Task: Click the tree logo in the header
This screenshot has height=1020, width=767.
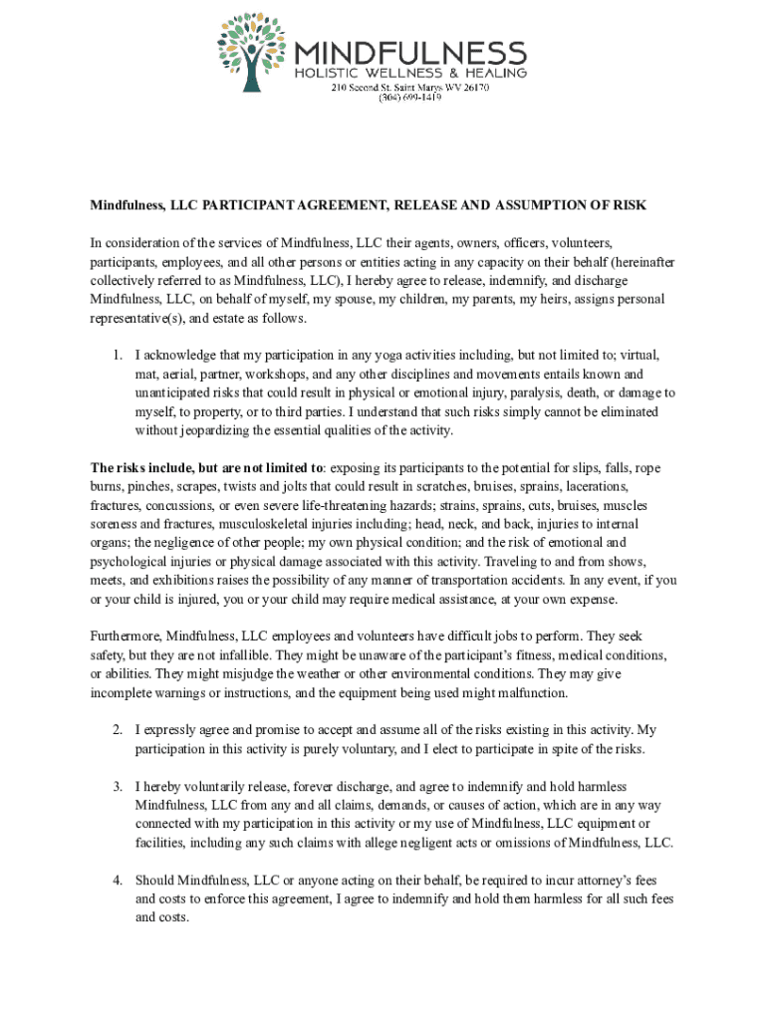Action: click(x=250, y=51)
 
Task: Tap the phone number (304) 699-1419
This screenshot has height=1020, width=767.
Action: click(x=409, y=98)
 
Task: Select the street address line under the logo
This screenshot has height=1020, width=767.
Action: click(x=409, y=87)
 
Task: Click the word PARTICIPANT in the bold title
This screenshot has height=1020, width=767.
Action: click(x=253, y=205)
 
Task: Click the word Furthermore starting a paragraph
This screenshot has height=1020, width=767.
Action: click(x=127, y=636)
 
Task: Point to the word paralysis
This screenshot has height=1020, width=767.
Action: click(x=536, y=392)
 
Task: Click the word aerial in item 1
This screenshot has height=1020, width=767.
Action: click(x=183, y=374)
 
